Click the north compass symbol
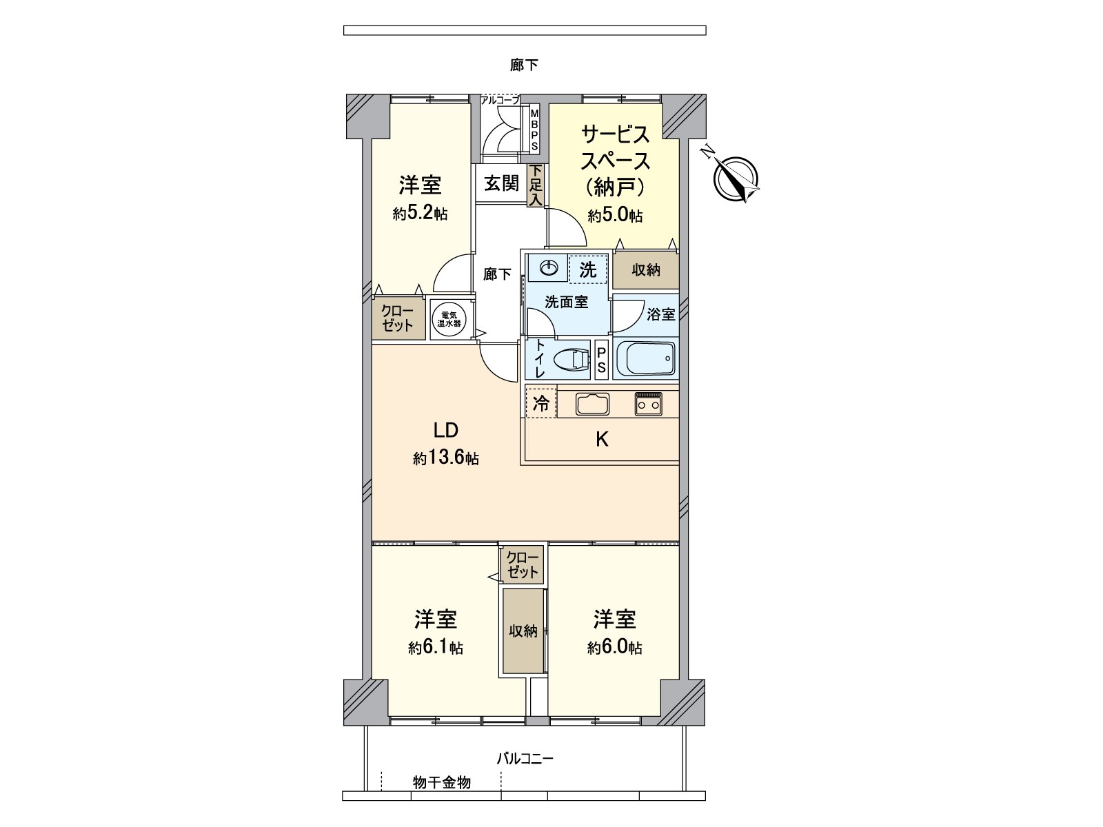[x=736, y=177]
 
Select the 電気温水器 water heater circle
[x=448, y=318]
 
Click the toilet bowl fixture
[x=572, y=360]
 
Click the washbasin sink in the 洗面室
[x=549, y=268]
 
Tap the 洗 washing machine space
[x=588, y=269]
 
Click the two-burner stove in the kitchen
[x=648, y=404]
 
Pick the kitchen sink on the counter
[x=592, y=404]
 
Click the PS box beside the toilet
[x=601, y=360]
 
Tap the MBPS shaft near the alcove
[x=534, y=131]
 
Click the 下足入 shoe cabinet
[x=536, y=185]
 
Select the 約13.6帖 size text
[x=446, y=458]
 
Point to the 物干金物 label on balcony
[x=442, y=782]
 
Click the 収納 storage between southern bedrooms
[x=523, y=631]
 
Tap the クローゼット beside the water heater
[x=397, y=318]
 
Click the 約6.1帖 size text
[x=435, y=648]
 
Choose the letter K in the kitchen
[x=601, y=440]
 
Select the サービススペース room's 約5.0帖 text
[x=615, y=216]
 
